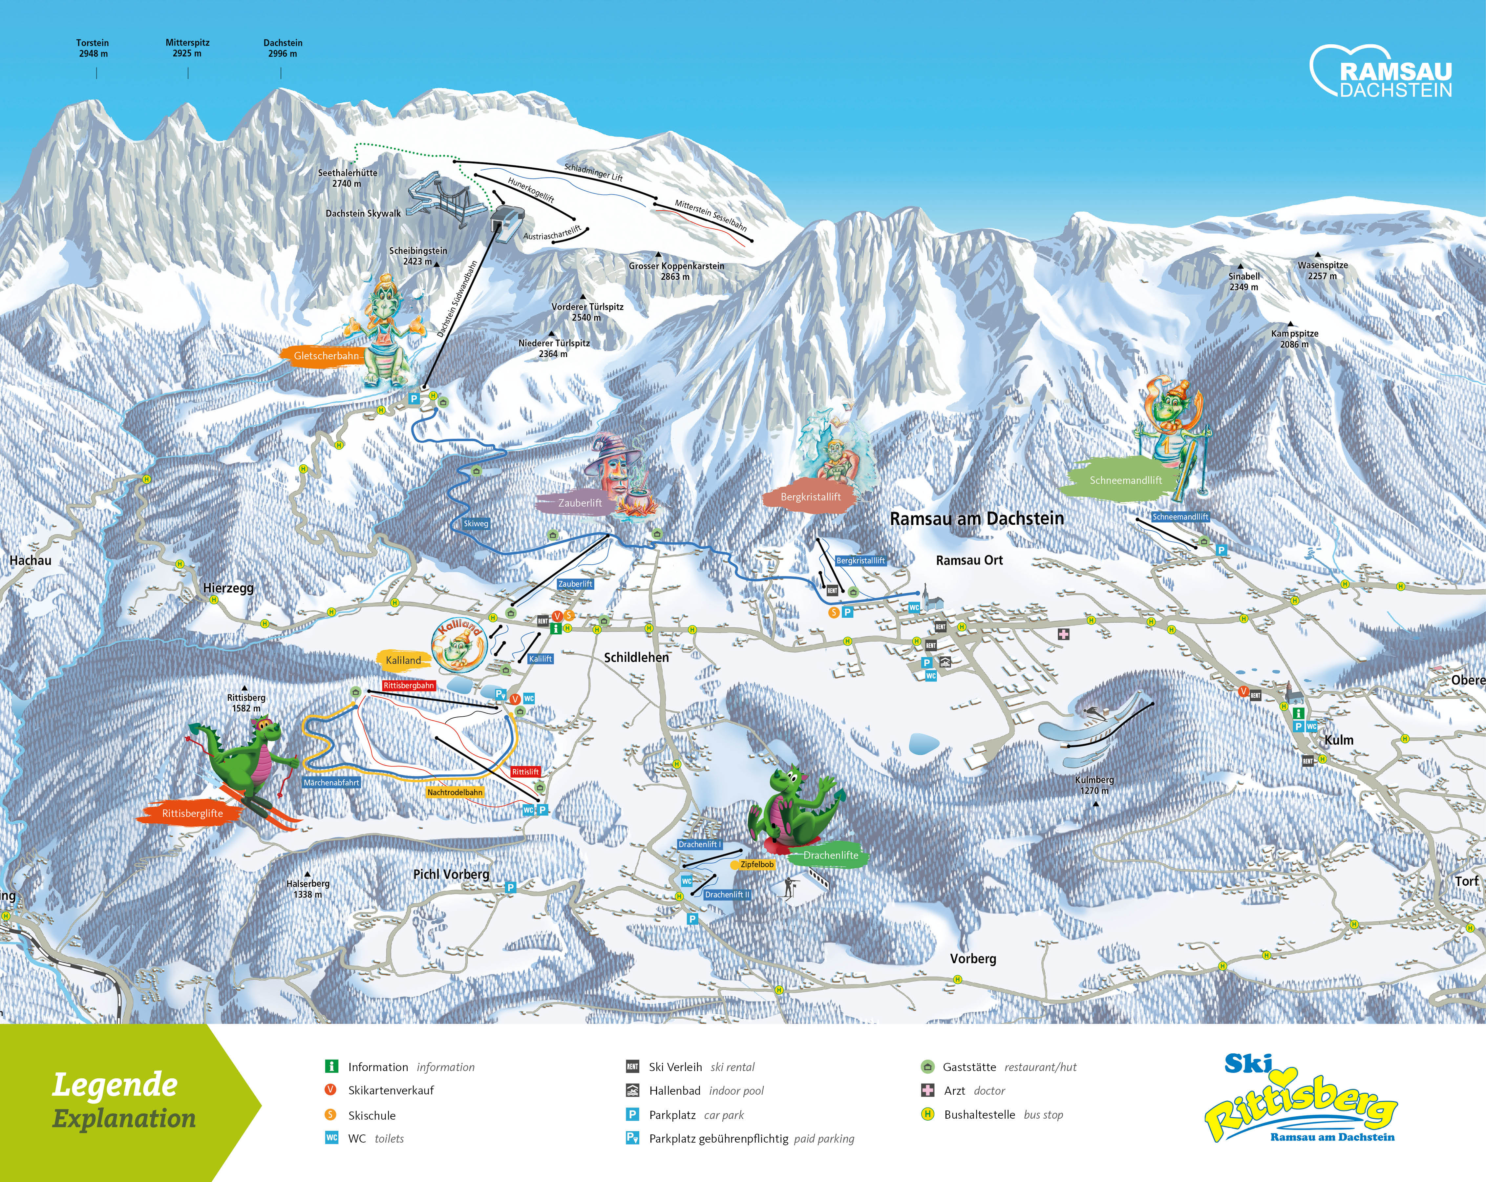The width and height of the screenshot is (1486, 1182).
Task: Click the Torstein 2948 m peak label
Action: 92,48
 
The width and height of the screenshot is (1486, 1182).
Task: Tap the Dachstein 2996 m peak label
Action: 283,48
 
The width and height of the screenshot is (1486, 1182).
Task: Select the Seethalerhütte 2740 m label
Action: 347,178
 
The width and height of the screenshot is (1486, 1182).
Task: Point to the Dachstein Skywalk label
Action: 363,214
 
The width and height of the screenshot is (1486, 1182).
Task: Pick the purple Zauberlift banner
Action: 579,503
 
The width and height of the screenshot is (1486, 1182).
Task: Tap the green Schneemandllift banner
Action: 1125,480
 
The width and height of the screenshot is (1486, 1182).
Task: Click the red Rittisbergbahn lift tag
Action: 409,686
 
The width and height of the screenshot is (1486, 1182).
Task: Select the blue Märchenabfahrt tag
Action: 331,783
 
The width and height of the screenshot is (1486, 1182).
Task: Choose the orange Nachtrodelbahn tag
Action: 455,792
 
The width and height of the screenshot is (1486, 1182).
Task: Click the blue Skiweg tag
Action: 476,524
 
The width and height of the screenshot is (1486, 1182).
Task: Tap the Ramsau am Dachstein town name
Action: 977,519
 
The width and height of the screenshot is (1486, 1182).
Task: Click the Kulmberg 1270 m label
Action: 1094,785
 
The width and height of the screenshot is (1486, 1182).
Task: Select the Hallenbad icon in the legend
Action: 632,1090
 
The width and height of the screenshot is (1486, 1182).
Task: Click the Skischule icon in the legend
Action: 331,1114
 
